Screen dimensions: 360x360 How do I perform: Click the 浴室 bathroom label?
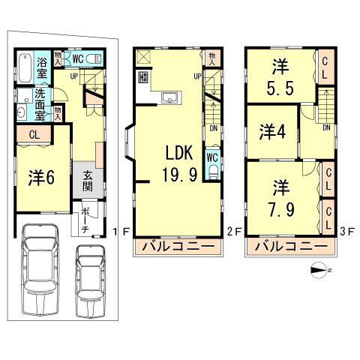pyautogui.click(x=42, y=67)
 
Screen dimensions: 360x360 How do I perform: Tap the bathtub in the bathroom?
pyautogui.click(x=23, y=67)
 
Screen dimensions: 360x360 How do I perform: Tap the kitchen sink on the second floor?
pyautogui.click(x=169, y=96)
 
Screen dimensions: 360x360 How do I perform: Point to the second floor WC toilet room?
pyautogui.click(x=211, y=164)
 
